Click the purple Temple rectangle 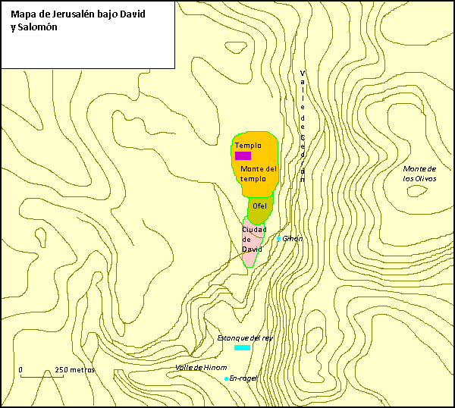[x=243, y=155]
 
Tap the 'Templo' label [x=248, y=145]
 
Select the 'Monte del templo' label [x=259, y=174]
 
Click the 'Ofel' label [x=260, y=206]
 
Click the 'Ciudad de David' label [x=252, y=239]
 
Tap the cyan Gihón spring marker [x=278, y=239]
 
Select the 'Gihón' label [x=293, y=238]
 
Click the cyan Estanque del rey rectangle [x=242, y=347]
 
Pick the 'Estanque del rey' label [x=244, y=337]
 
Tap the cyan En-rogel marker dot [x=226, y=378]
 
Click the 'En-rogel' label [x=243, y=378]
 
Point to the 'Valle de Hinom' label [x=201, y=367]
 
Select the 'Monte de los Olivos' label [x=419, y=174]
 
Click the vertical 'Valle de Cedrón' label [x=302, y=126]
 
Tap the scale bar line [x=42, y=376]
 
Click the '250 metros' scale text [x=74, y=370]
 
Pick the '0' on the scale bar [x=20, y=370]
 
